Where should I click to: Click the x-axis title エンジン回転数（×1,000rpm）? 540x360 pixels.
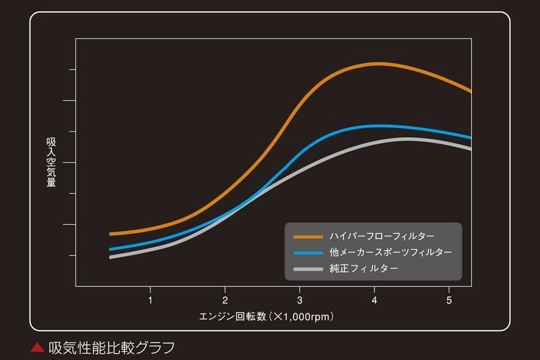point(267,316)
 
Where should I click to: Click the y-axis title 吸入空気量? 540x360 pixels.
point(51,162)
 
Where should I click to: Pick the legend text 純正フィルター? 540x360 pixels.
point(364,269)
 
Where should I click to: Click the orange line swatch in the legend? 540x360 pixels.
point(308,236)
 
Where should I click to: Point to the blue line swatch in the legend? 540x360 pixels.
point(308,253)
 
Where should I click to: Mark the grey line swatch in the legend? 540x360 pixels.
point(308,269)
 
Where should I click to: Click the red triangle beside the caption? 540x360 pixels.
point(38,349)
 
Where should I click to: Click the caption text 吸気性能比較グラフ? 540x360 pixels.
point(111,348)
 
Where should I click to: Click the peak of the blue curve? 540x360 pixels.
point(379,126)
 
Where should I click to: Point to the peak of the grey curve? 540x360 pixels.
point(407,138)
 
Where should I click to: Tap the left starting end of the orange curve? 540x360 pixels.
point(110,234)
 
